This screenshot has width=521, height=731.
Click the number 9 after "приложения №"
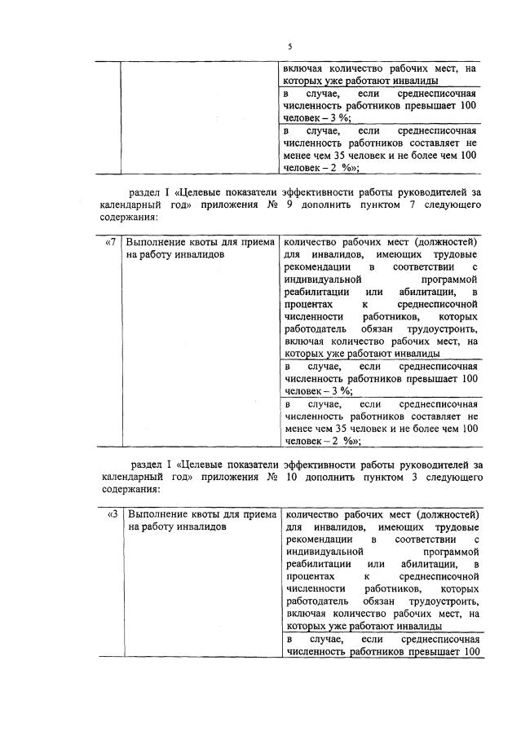click(290, 205)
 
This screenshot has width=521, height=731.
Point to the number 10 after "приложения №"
click(293, 477)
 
